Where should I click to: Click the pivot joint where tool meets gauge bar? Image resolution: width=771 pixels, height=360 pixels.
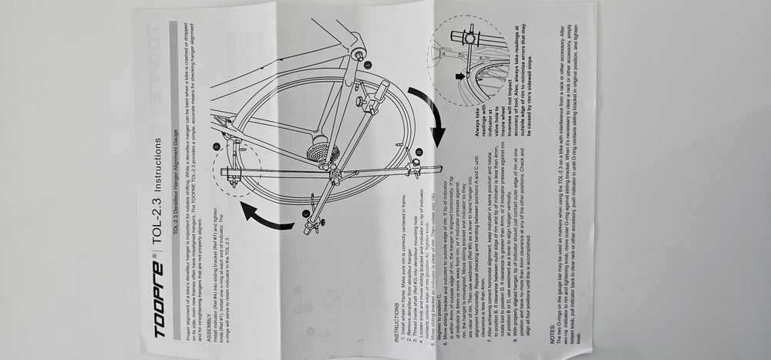(x=337, y=177)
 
